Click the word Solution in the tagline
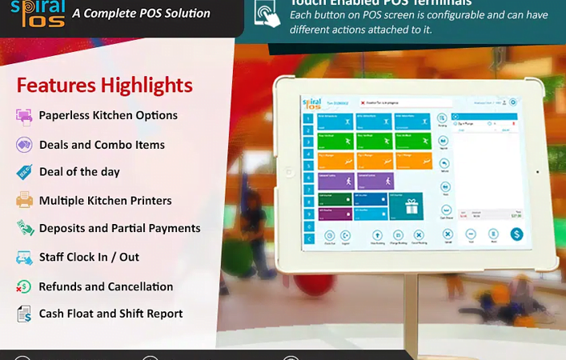click(183, 13)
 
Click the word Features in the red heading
click(57, 85)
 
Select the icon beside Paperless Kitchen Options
click(24, 116)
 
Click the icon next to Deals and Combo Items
click(24, 145)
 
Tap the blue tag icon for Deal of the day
click(24, 172)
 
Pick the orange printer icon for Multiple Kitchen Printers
click(24, 200)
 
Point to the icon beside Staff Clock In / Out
click(24, 258)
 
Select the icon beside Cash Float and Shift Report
click(24, 314)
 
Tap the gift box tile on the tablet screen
click(412, 206)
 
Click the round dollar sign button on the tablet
click(516, 234)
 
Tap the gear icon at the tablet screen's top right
click(513, 102)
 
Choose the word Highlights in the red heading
click(147, 85)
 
